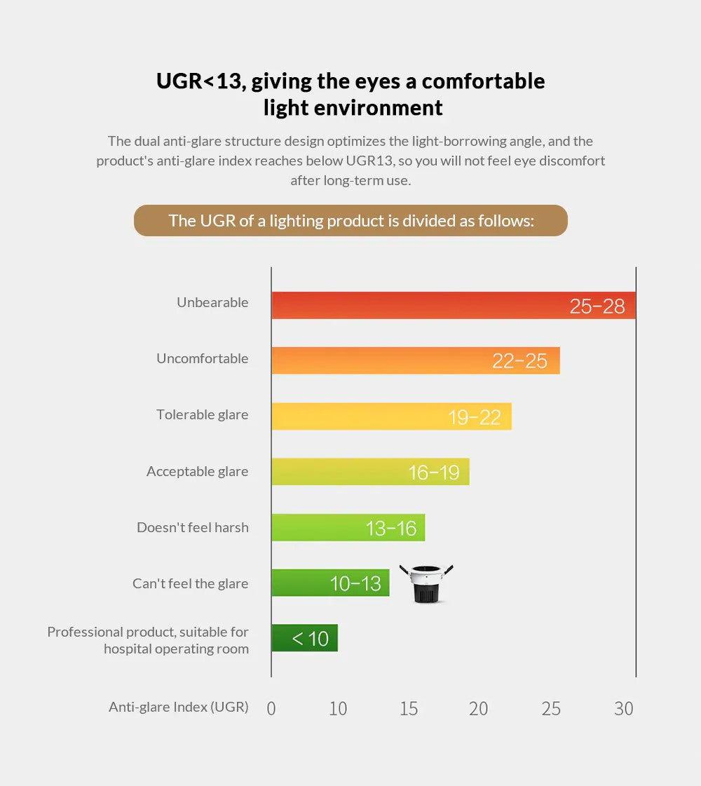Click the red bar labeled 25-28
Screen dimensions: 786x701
pos(454,306)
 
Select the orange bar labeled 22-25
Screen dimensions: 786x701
pos(416,360)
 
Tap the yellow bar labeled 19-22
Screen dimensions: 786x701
pos(391,416)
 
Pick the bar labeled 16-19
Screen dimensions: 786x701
pos(370,472)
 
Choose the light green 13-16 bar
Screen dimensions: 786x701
pos(348,527)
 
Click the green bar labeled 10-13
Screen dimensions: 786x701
pos(330,583)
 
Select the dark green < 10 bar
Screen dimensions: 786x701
pos(304,638)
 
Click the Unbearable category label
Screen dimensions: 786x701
pos(212,303)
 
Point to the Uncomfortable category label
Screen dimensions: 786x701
pos(202,359)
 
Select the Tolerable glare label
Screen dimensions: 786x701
pos(202,415)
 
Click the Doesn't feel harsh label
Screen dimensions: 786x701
pos(192,527)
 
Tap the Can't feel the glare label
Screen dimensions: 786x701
pos(190,583)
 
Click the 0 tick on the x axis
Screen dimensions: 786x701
pos(271,709)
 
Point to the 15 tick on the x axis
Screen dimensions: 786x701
pos(409,709)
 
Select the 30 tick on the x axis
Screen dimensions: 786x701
pos(623,709)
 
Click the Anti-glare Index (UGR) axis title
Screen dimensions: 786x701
pos(178,707)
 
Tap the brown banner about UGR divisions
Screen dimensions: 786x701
pos(350,221)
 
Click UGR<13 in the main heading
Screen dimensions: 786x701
pos(198,81)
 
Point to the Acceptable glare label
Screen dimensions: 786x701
pos(197,471)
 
